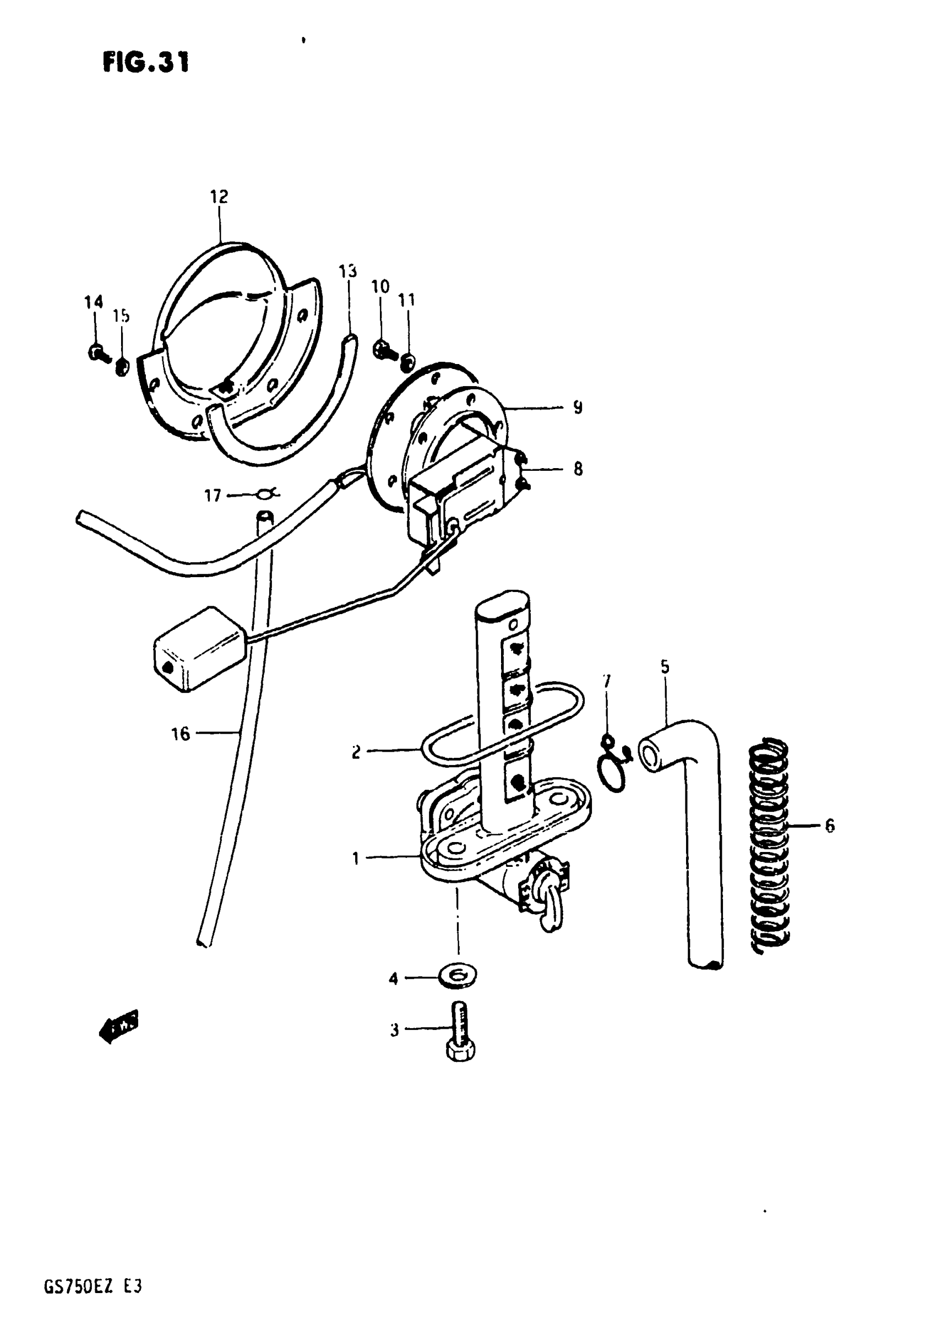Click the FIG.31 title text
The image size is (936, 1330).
click(146, 62)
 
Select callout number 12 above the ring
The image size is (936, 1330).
click(219, 197)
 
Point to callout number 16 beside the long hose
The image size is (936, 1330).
click(181, 735)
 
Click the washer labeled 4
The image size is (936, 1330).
click(458, 977)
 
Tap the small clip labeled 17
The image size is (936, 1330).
click(266, 493)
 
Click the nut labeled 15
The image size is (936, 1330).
click(122, 366)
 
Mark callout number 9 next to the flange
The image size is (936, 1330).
click(578, 407)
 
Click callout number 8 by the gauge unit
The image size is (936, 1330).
click(578, 469)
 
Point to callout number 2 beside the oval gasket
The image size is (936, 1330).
click(356, 752)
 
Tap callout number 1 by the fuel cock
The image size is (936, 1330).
click(356, 858)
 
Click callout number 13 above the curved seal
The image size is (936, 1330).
click(347, 271)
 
